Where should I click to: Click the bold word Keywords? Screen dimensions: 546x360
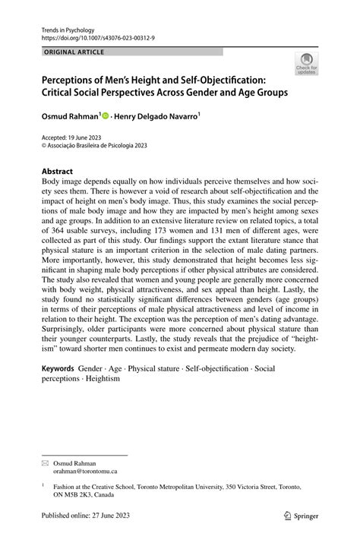coord(58,368)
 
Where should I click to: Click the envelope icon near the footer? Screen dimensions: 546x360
coord(46,441)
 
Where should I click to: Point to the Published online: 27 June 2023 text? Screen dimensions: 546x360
coord(86,516)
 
